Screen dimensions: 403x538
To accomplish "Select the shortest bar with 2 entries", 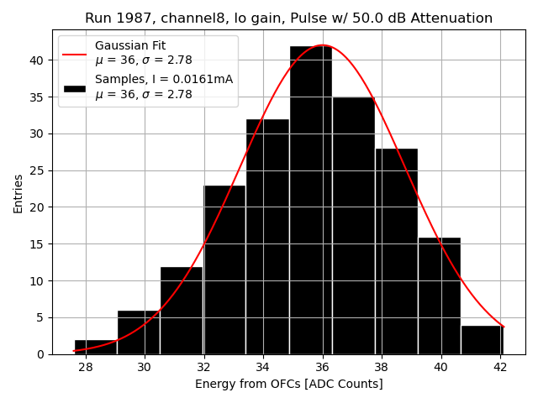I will (96, 347).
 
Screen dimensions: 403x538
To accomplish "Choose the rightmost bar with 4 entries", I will (482, 339).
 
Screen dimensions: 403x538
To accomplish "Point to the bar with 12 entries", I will (182, 310).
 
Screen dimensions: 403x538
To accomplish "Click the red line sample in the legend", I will (74, 53).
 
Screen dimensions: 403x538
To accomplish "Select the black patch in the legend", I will (74, 87).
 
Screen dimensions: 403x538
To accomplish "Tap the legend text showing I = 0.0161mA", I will (163, 79).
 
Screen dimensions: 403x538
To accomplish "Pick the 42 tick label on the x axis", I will (500, 367).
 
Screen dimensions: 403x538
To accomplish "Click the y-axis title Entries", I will (18, 193).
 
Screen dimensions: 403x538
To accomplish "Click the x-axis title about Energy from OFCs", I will (288, 384).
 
